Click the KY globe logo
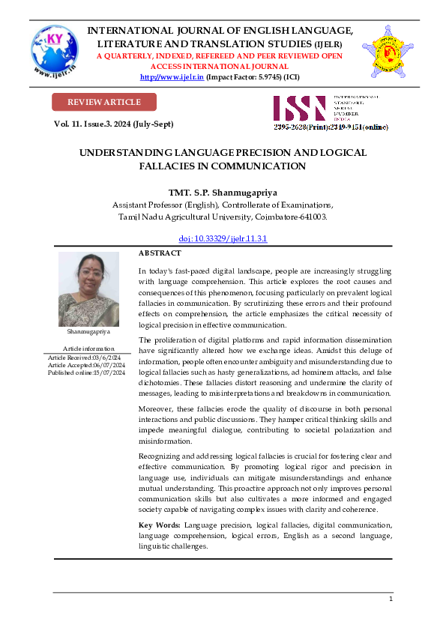pyautogui.click(x=55, y=52)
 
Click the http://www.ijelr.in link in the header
pyautogui.click(x=172, y=76)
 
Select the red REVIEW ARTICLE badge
pyautogui.click(x=104, y=102)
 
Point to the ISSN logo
pyautogui.click(x=299, y=108)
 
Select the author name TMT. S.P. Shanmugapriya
pyautogui.click(x=223, y=191)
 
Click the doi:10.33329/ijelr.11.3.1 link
pyautogui.click(x=223, y=238)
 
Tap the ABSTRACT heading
pyautogui.click(x=160, y=253)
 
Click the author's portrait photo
pyautogui.click(x=88, y=289)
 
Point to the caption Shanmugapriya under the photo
pyautogui.click(x=88, y=331)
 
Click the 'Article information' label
pyautogui.click(x=88, y=348)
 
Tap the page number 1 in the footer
pyautogui.click(x=391, y=600)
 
